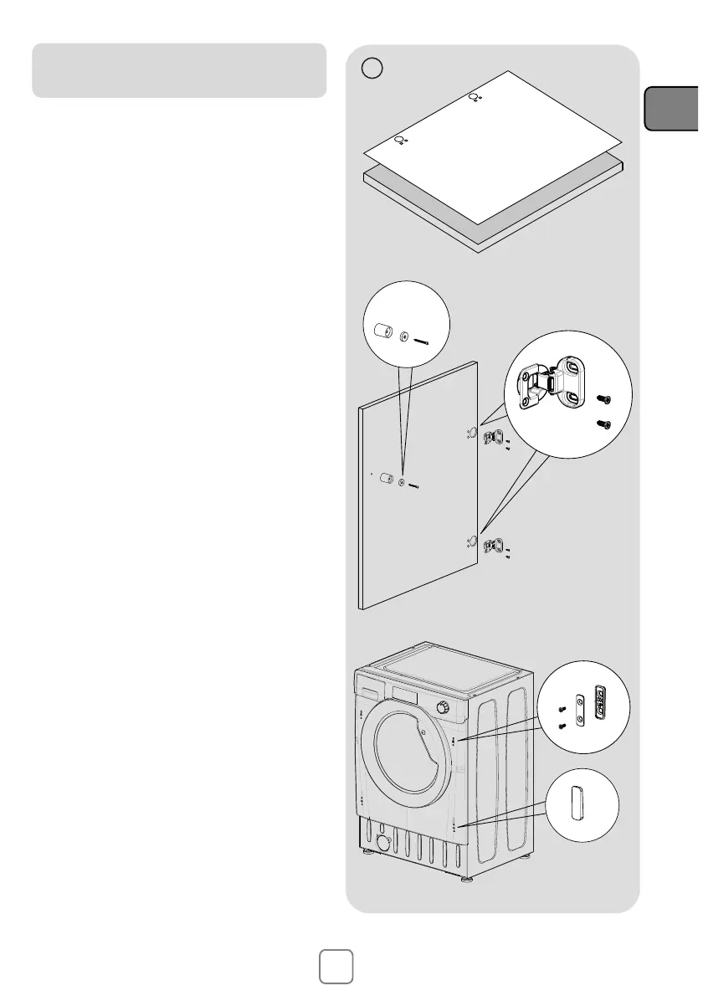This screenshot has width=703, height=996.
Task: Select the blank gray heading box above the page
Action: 179,70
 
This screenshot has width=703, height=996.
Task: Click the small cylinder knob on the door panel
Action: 387,479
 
